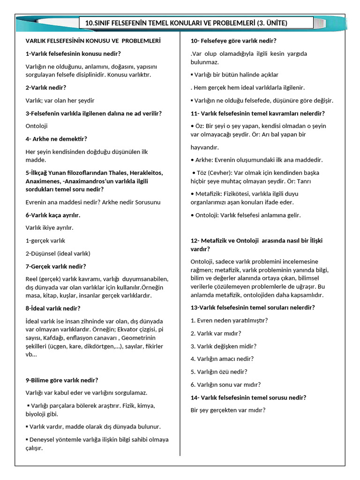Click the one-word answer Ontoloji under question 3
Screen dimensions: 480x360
coord(37,126)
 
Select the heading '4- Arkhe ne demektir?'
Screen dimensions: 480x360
coord(56,139)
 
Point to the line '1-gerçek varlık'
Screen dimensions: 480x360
coord(45,240)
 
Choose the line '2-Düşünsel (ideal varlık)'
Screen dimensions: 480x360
coord(58,254)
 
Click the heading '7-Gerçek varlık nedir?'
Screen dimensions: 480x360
coord(56,266)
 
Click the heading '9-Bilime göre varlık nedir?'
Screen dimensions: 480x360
coord(62,380)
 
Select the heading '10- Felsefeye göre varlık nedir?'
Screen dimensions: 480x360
coord(233,41)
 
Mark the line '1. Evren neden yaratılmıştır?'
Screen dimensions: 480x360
coord(229,321)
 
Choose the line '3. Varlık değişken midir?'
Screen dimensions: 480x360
coord(224,346)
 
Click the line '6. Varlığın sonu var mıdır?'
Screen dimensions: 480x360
coord(225,385)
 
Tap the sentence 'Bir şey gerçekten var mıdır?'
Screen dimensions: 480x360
coord(228,410)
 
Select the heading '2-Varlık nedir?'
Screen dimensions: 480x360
coord(46,88)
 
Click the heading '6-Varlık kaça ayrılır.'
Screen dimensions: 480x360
coord(53,215)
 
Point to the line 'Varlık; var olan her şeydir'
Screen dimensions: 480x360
coord(60,100)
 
